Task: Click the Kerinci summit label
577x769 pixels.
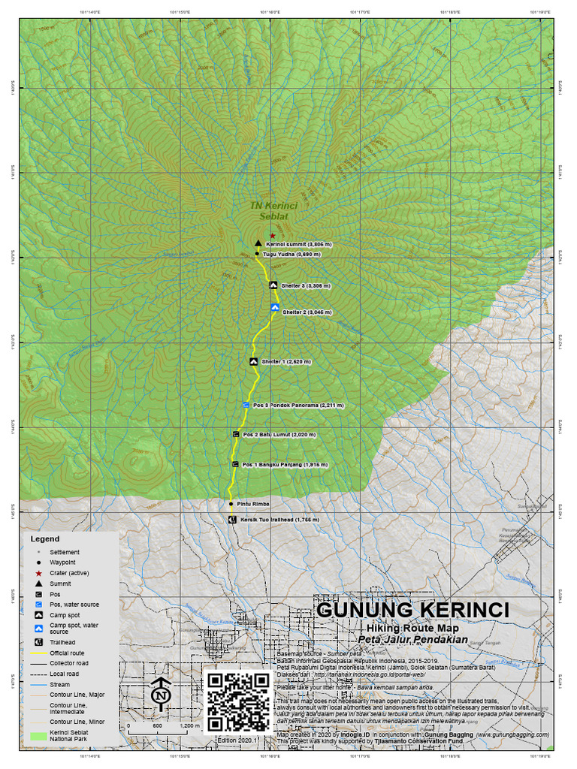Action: click(x=298, y=244)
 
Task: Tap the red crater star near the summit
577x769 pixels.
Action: click(x=273, y=236)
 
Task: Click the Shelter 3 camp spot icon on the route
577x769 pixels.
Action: click(x=273, y=285)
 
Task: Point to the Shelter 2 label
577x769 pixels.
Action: click(x=307, y=312)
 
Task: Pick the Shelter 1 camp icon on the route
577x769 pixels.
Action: click(x=255, y=362)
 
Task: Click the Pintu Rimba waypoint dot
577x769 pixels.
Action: click(x=231, y=504)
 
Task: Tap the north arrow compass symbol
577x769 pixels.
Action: click(x=160, y=695)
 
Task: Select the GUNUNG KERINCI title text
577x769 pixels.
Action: click(x=412, y=609)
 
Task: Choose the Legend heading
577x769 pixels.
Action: click(x=44, y=538)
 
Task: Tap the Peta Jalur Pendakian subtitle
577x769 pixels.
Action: click(x=412, y=640)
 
